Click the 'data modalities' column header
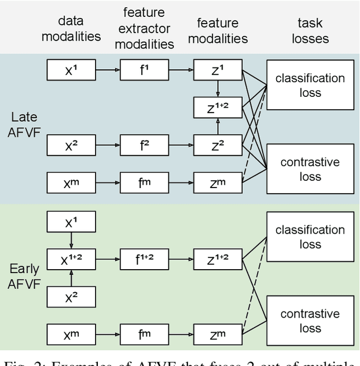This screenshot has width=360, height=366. [71, 28]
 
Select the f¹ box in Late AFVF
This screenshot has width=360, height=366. [144, 71]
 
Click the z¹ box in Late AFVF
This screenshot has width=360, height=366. [217, 71]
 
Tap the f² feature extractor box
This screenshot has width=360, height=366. [144, 145]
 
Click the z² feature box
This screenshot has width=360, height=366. [217, 145]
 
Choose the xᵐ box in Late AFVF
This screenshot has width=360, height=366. [71, 182]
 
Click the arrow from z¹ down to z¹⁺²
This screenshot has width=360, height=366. [217, 89]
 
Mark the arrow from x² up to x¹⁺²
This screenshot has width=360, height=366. [71, 276]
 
